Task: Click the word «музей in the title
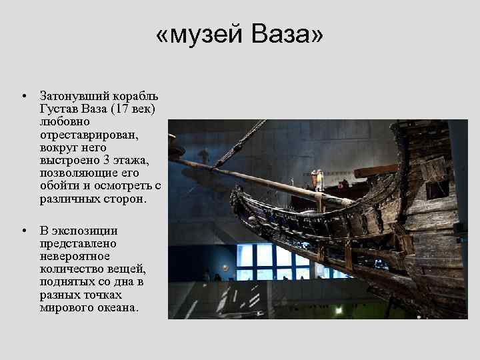tap(198, 35)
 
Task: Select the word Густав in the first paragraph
tap(55, 108)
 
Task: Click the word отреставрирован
tap(87, 133)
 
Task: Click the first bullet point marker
tap(23, 97)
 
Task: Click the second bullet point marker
tap(23, 231)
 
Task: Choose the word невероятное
tap(74, 256)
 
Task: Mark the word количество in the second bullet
tap(69, 269)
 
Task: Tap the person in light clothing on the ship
tap(319, 179)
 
